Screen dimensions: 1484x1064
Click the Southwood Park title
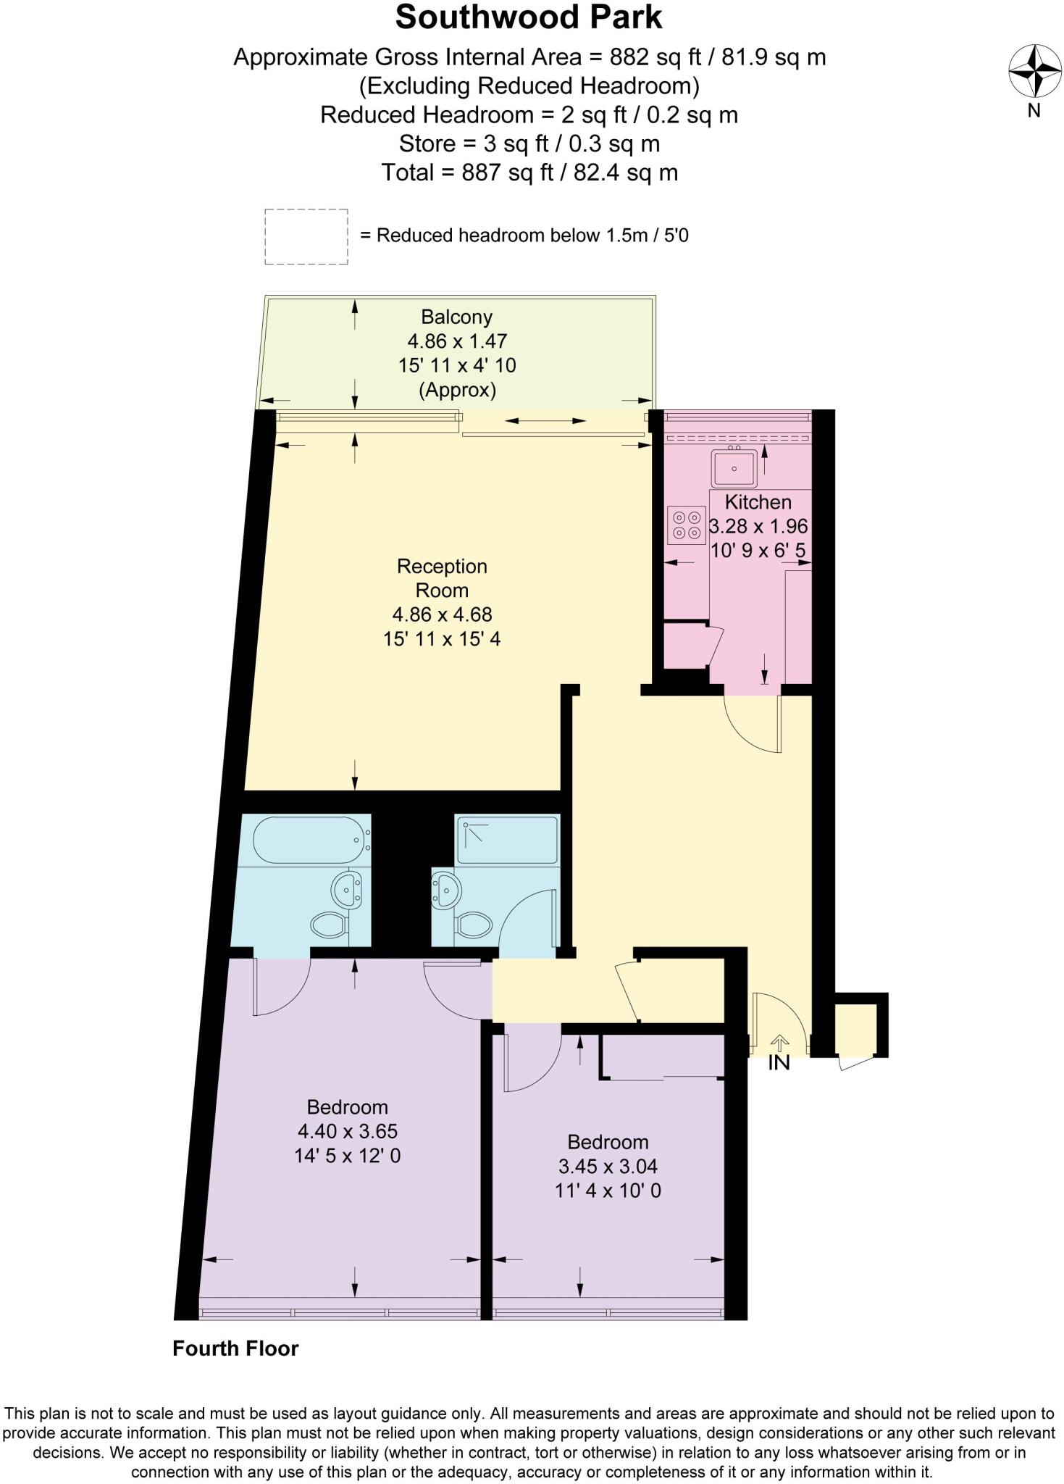[529, 18]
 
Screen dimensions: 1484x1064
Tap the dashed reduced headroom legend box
[306, 236]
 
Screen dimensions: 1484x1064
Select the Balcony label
[456, 317]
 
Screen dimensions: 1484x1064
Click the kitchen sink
[734, 468]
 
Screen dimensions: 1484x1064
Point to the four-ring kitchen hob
[686, 525]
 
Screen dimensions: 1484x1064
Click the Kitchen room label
[758, 501]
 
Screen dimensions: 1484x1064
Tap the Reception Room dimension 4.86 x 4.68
[442, 614]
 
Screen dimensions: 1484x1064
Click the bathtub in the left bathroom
[308, 840]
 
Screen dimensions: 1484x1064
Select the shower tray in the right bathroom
[507, 840]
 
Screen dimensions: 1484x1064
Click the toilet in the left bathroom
[330, 924]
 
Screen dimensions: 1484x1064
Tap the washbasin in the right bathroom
[445, 889]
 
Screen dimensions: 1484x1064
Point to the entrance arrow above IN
[779, 1043]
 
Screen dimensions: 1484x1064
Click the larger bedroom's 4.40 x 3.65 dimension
[348, 1131]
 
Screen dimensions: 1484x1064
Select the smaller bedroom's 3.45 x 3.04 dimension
[608, 1166]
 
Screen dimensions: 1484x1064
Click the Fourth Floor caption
[235, 1348]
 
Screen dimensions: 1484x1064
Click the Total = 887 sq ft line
[529, 172]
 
